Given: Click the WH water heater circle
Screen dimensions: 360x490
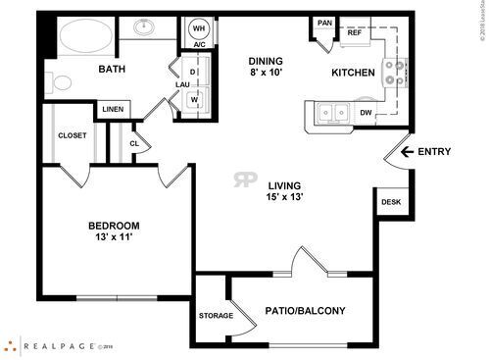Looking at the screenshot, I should (x=199, y=27).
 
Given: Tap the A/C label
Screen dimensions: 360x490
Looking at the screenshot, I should (x=199, y=45).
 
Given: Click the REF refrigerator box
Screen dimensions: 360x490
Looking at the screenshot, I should (x=355, y=32).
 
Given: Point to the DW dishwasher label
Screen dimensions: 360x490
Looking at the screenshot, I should (x=365, y=113).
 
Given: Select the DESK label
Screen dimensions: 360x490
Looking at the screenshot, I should (x=391, y=203).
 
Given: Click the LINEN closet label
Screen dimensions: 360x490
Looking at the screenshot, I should (x=112, y=109).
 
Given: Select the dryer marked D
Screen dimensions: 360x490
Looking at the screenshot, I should (x=193, y=73).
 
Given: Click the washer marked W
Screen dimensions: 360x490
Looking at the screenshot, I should (x=193, y=98).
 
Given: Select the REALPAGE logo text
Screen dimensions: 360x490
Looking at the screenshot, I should (x=55, y=345).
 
